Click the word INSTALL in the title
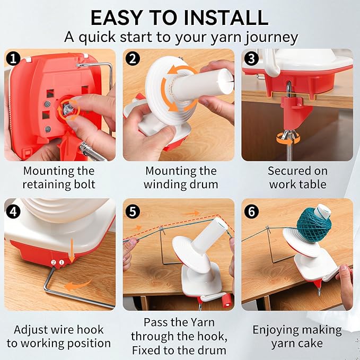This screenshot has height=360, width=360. coord(226,17)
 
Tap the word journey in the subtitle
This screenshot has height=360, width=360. coord(271,38)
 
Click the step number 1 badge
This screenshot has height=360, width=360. coord(14,58)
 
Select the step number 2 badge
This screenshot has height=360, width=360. coord(133,58)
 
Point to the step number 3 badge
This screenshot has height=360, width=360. coord(251,58)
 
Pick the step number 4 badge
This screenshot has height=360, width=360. coord(14,212)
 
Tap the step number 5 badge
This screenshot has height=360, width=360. coord(133,212)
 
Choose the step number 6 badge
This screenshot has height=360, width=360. coord(251,212)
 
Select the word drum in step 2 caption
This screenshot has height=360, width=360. coord(205,185)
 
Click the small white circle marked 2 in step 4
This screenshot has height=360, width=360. coord(54,262)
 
